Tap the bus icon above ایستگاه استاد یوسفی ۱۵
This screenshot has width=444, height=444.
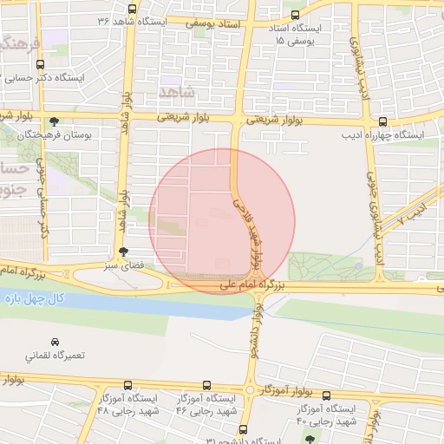tap(296, 16)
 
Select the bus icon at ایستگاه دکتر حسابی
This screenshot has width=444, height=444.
tap(16, 77)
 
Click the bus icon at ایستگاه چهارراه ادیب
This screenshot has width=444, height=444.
tap(382, 121)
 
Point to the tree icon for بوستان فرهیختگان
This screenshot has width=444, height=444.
tap(55, 121)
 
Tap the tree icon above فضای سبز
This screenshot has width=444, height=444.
tap(122, 251)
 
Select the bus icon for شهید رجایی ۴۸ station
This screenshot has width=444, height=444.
tap(128, 385)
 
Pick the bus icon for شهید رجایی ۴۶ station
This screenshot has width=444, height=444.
tap(206, 385)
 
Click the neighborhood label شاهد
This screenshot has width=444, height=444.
tap(180, 90)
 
